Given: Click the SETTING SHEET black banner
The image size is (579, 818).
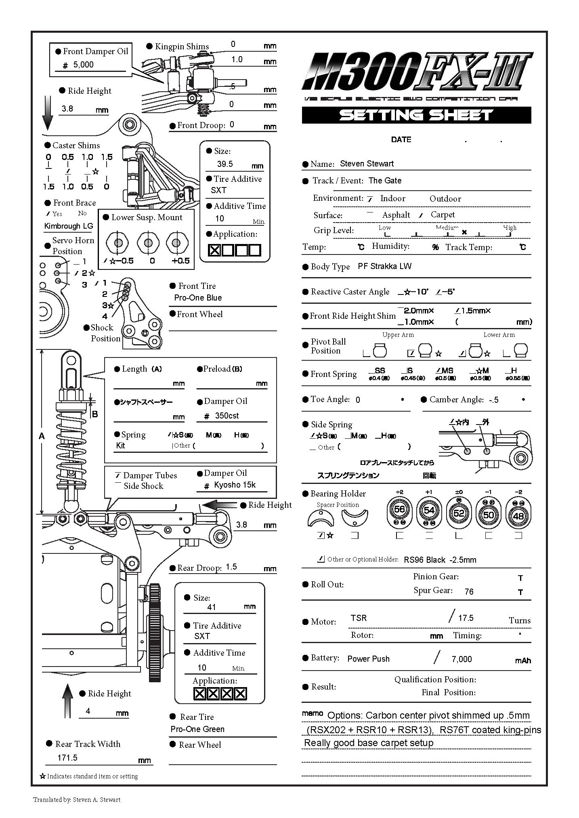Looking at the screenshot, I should point(416,115).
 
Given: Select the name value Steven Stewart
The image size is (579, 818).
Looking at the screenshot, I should point(367,164).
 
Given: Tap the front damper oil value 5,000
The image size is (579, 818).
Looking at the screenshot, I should point(84,65).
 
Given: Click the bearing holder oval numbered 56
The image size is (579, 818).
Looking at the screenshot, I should point(399,510).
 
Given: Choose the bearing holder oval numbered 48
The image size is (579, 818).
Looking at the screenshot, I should point(518,516).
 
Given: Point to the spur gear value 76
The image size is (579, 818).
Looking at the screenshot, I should point(469,592).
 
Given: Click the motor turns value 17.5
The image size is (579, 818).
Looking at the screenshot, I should point(466,618).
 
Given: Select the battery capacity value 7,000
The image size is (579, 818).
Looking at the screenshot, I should point(462,659).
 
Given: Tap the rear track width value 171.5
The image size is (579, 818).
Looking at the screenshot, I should point(67,758).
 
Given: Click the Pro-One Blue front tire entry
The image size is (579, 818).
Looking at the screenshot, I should point(198,298).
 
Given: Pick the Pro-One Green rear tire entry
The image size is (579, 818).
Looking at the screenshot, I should point(197,729).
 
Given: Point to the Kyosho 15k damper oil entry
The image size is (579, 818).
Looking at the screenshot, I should point(235,485).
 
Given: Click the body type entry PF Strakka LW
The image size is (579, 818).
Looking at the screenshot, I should point(384,266).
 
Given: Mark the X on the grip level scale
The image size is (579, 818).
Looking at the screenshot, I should point(464,232).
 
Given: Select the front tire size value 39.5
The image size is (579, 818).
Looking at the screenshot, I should point(225,164).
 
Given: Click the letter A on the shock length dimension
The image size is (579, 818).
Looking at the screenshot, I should point(42,436).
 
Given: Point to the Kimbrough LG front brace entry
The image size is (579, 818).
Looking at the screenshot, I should point(69,226).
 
